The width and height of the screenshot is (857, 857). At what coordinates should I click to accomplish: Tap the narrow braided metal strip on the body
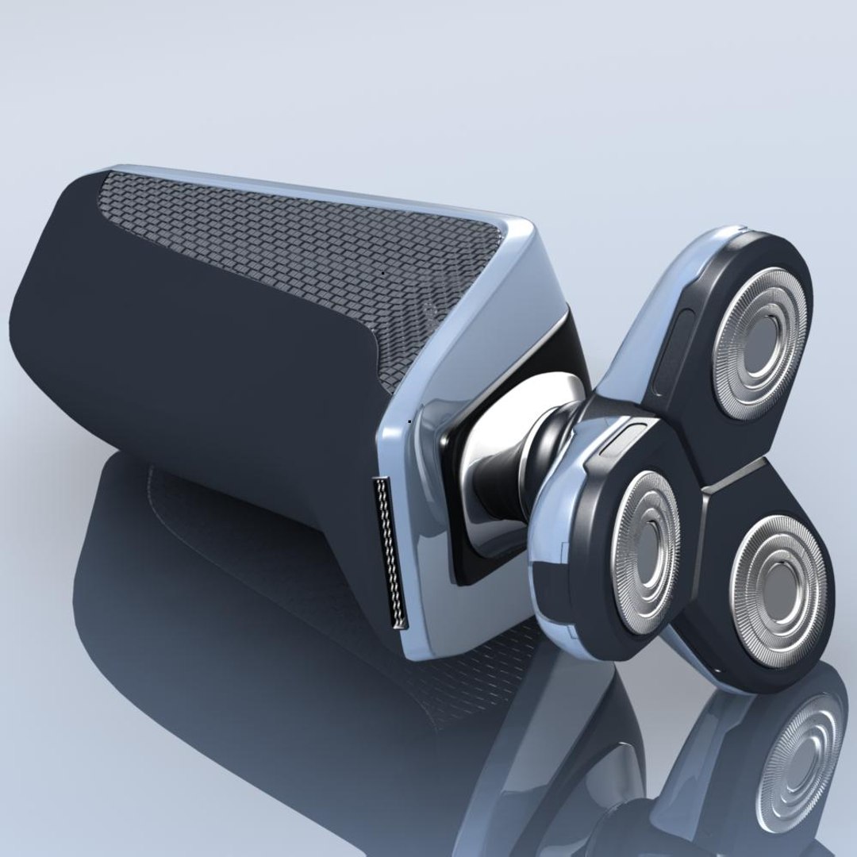(390, 551)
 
